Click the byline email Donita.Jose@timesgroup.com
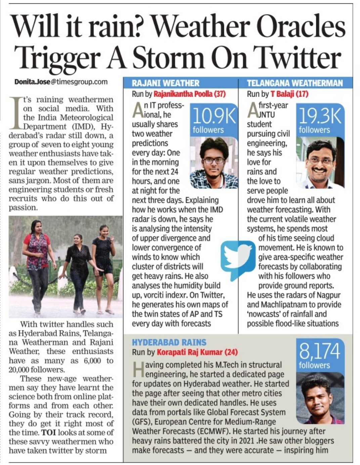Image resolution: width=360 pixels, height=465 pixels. (61, 82)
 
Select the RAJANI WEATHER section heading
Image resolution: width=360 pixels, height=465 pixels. (165, 83)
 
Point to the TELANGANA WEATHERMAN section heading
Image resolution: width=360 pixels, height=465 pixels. (295, 83)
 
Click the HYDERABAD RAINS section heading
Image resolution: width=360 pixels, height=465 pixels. (169, 342)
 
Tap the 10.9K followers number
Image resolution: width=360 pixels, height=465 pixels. (214, 116)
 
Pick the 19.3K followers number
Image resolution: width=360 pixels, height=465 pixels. (320, 116)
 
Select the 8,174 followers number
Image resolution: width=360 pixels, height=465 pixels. (320, 351)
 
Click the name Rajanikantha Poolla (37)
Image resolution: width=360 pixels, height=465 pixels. (189, 94)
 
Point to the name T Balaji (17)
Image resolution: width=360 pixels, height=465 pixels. (289, 94)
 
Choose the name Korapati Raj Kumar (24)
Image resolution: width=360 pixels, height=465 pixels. (197, 352)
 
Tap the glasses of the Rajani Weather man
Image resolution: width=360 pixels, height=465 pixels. (214, 160)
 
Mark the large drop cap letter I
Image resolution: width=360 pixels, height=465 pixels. (15, 113)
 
